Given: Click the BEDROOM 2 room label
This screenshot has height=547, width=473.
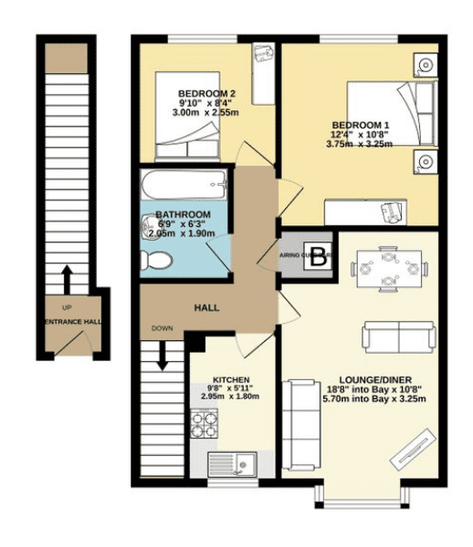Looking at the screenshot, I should click(207, 94).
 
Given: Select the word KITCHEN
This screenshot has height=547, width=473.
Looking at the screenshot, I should click(230, 378).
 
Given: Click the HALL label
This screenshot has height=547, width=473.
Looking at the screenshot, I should click(207, 308).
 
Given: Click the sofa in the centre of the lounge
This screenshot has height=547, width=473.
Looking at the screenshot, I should click(399, 336).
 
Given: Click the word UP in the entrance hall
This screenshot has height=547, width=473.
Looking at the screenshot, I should click(66, 308).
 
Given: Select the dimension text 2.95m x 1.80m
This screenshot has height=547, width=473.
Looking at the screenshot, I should click(230, 397).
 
